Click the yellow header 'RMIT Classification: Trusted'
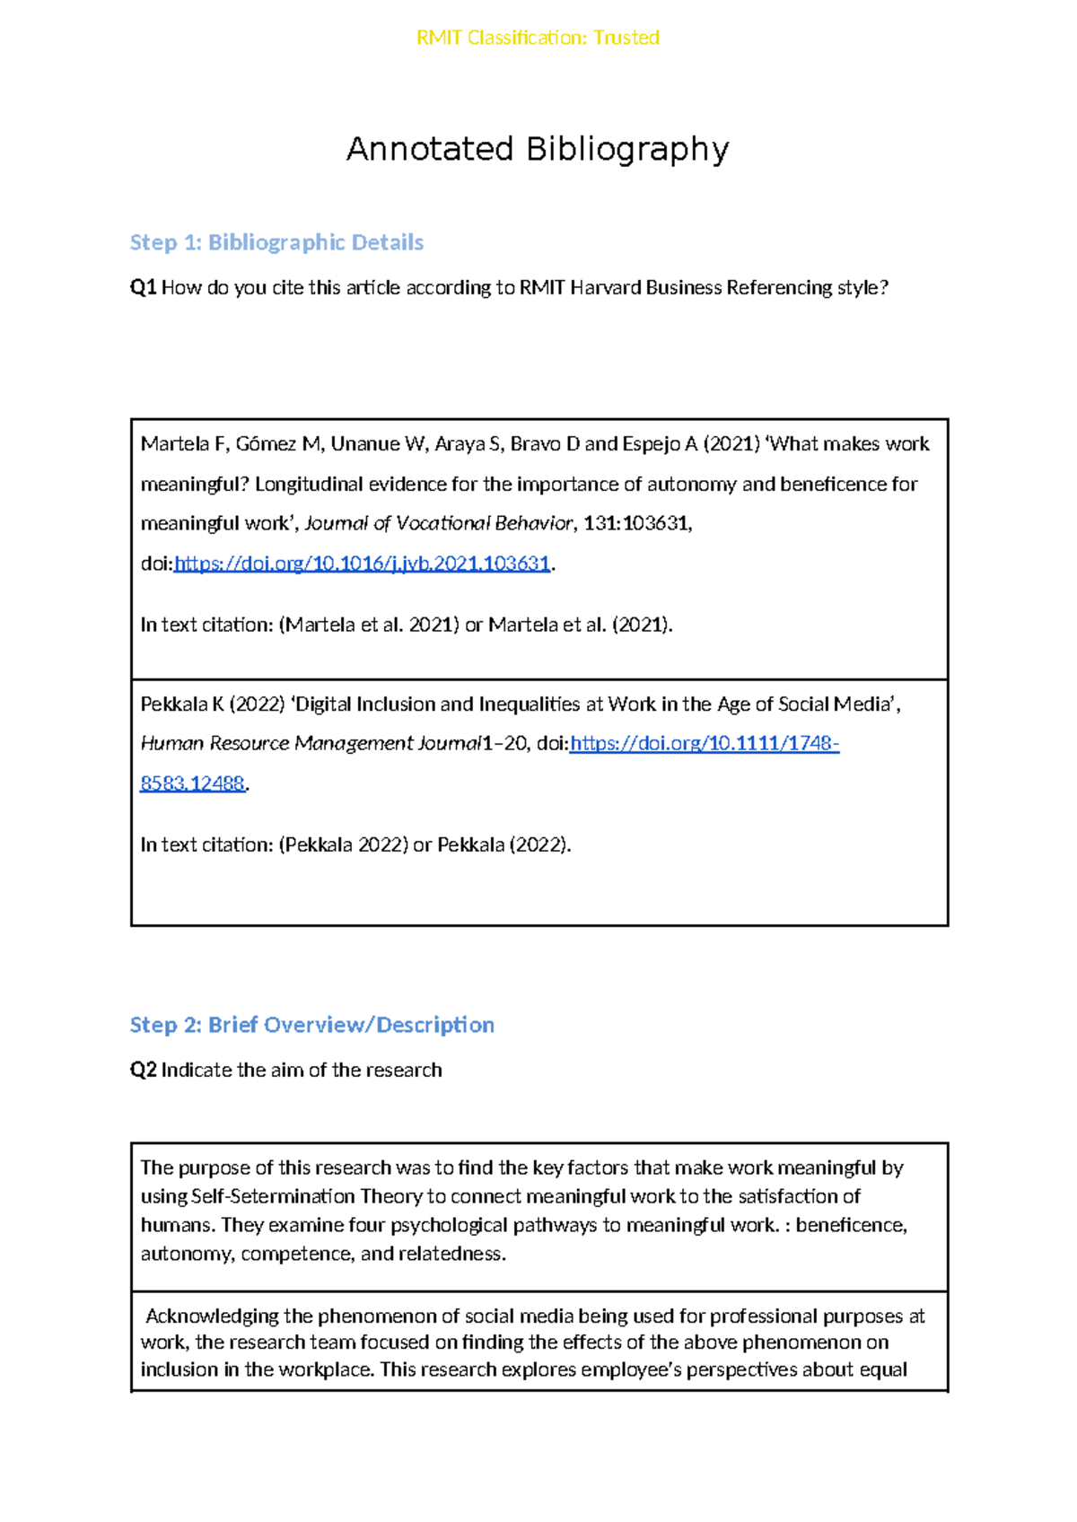point(538,38)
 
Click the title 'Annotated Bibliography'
point(538,149)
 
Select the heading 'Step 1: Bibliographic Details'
point(276,242)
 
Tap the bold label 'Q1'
point(144,288)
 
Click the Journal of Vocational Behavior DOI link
point(362,564)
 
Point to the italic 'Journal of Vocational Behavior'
point(438,523)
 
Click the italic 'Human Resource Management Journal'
point(311,743)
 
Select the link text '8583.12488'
point(192,783)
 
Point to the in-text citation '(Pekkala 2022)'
point(343,844)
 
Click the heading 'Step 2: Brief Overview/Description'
point(311,1025)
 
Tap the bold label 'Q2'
point(144,1070)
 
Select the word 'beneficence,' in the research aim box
point(851,1225)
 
